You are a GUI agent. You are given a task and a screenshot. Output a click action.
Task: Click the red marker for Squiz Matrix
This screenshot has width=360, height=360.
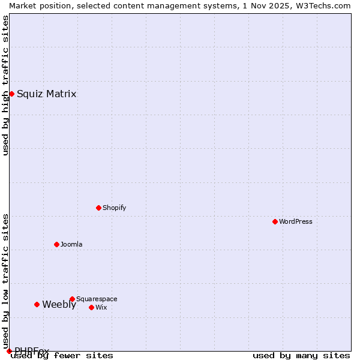11,94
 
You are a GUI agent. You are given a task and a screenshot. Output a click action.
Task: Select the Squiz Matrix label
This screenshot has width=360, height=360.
46,94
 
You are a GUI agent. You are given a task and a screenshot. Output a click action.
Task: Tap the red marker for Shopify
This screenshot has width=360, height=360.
98,208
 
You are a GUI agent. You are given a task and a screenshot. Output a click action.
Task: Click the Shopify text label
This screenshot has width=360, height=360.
114,208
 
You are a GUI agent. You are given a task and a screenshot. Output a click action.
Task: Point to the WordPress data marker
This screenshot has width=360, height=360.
275,221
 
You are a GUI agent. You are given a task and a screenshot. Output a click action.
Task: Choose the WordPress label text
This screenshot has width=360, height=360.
295,221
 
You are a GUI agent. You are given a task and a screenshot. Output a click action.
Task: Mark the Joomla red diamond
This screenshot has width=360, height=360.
56,244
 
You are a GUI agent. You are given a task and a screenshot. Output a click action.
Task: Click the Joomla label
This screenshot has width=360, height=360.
71,244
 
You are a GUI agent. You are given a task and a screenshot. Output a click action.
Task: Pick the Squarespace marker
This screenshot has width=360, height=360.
72,299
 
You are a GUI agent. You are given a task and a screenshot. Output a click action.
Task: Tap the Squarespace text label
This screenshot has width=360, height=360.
97,299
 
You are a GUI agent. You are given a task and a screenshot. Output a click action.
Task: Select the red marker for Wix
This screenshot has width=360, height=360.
91,307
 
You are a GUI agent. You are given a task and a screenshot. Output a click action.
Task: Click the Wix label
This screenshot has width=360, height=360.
101,307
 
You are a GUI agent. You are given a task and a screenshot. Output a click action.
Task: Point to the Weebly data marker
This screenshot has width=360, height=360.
37,304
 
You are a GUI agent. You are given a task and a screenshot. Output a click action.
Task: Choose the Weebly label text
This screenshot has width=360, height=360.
59,304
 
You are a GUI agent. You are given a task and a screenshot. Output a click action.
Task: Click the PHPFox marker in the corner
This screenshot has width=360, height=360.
9,351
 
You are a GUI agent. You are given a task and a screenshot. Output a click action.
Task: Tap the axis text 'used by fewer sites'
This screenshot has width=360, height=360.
62,355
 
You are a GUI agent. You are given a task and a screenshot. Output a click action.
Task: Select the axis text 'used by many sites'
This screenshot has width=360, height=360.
301,355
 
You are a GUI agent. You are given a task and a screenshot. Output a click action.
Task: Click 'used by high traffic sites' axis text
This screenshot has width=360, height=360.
5,85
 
